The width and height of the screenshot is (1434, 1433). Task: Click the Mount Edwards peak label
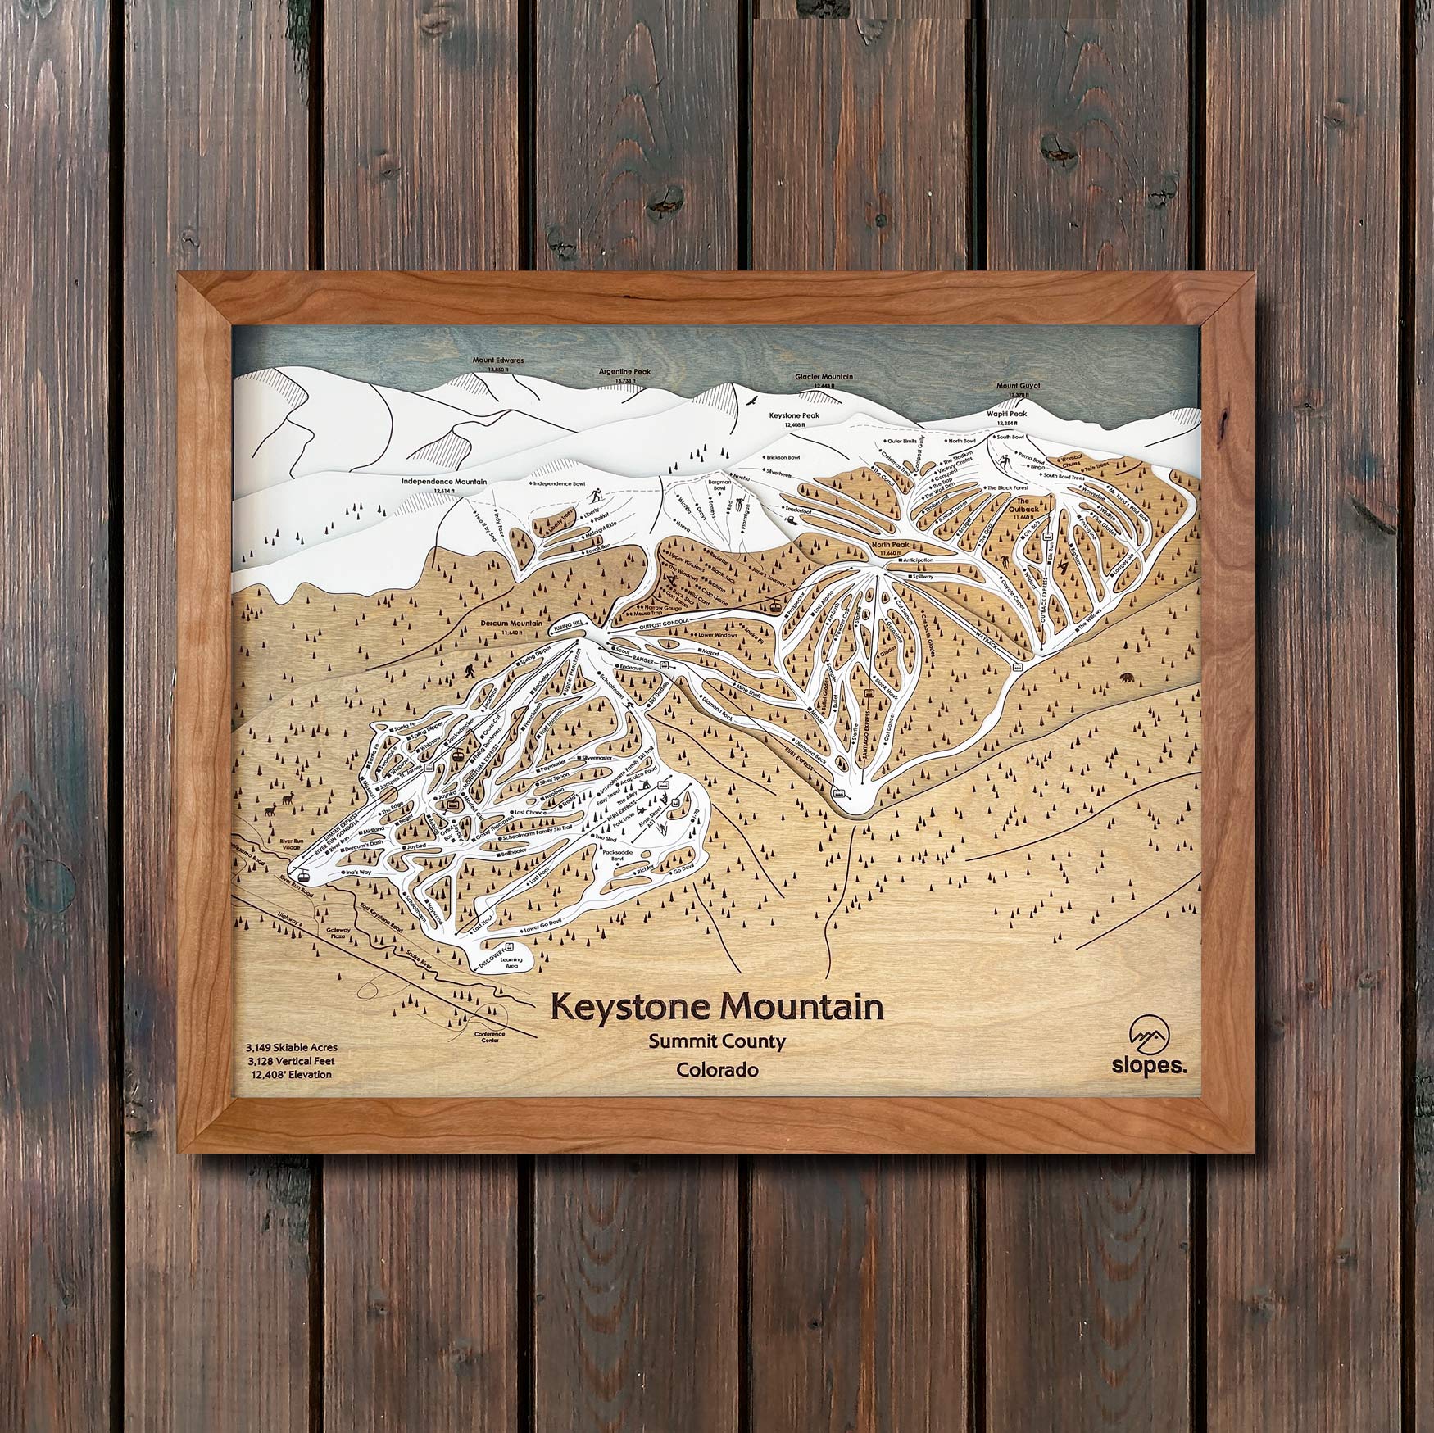coord(497,360)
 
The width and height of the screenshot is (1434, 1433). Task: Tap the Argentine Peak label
coord(624,372)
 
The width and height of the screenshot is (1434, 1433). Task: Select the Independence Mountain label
coord(444,482)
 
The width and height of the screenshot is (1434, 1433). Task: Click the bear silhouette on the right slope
coord(1131,678)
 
